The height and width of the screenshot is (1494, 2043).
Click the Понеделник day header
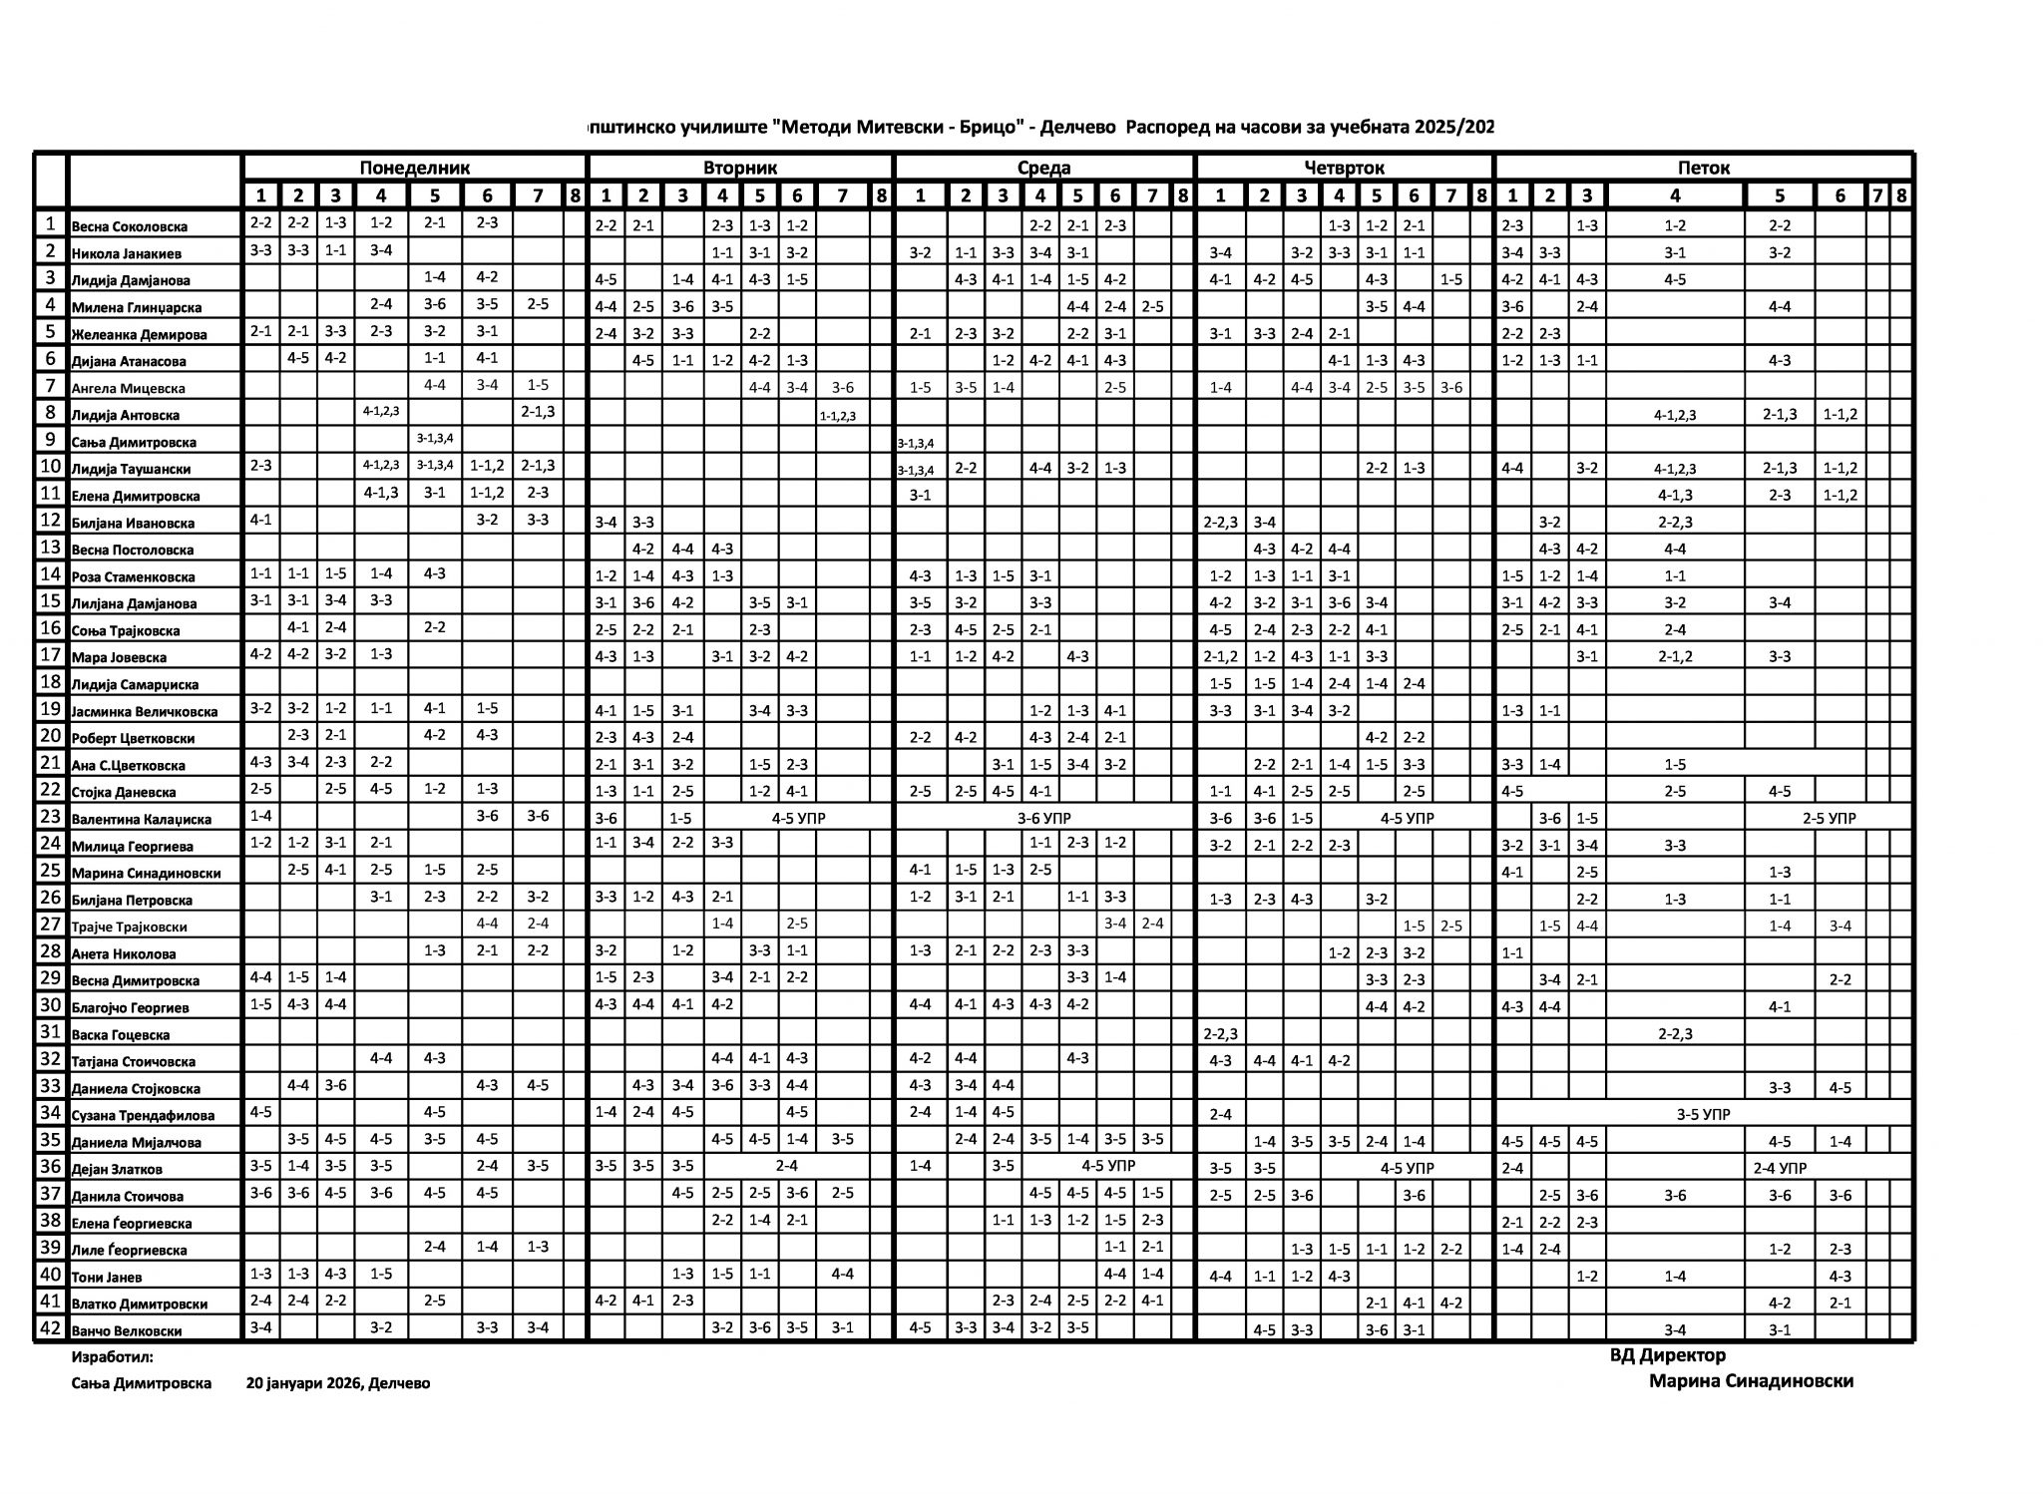click(414, 168)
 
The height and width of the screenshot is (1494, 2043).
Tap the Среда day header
click(1043, 168)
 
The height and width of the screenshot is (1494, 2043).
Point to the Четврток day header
click(1344, 168)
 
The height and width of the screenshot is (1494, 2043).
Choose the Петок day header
click(1703, 168)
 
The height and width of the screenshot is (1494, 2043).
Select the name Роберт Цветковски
click(133, 738)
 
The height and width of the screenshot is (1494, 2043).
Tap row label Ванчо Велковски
click(127, 1330)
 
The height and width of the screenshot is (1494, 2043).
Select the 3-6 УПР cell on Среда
click(1043, 818)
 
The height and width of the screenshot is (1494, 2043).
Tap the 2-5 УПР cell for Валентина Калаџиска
click(1829, 818)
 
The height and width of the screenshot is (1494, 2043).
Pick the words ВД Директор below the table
click(1667, 1355)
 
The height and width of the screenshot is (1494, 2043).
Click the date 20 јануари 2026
click(303, 1383)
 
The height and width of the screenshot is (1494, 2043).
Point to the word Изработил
click(112, 1357)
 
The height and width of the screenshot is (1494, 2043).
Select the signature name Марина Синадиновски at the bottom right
click(1751, 1381)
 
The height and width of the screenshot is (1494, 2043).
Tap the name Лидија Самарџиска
click(135, 684)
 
